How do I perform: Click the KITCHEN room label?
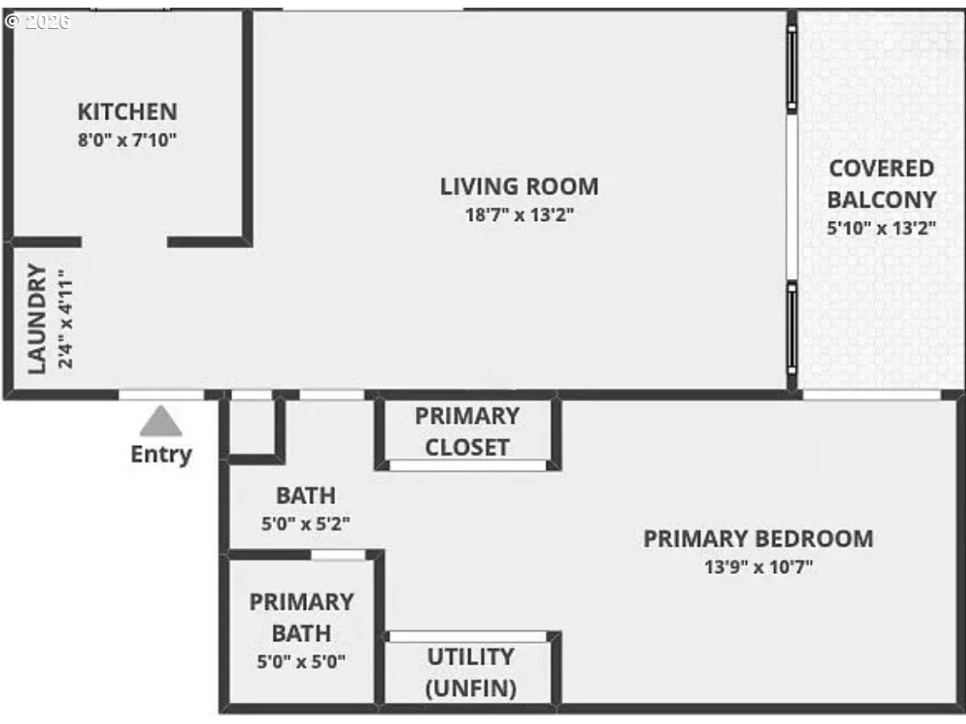[x=127, y=112]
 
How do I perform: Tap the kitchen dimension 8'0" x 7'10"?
[x=127, y=140]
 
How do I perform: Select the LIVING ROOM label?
[x=518, y=186]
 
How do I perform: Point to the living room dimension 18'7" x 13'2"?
[x=518, y=215]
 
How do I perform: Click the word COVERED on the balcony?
[x=882, y=168]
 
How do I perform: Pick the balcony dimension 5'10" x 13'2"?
[x=882, y=228]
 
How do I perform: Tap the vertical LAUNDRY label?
[x=37, y=319]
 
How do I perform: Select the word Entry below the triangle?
[x=160, y=455]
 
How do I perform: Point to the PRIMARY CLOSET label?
[x=467, y=432]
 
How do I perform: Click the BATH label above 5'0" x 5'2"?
[x=305, y=495]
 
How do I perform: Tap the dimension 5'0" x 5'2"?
[x=305, y=524]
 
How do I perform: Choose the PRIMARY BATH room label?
[x=301, y=617]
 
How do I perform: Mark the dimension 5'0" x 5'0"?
[x=301, y=661]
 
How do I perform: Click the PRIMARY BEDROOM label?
[x=757, y=539]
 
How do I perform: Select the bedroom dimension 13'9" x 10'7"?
[x=757, y=568]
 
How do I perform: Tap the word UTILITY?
[x=471, y=657]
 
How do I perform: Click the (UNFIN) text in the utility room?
[x=471, y=688]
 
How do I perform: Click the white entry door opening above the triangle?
[x=160, y=395]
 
